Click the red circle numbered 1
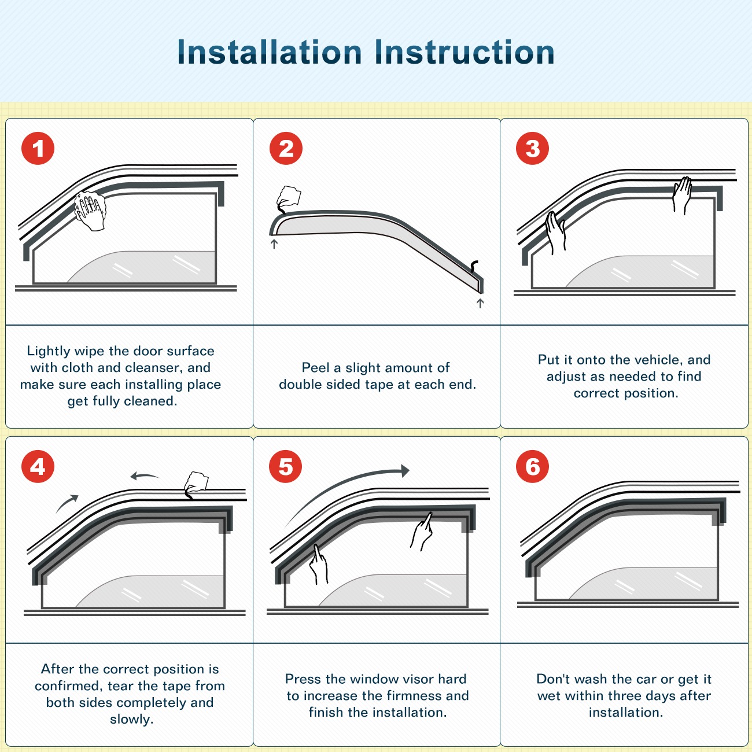[x=38, y=148]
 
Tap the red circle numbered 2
[x=286, y=148]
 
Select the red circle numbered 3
[x=532, y=148]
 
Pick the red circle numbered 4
[x=38, y=466]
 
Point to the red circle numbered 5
[x=286, y=466]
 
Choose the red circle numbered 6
[x=532, y=466]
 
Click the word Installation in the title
[x=270, y=52]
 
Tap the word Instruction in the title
[x=465, y=52]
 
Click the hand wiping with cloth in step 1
[x=90, y=211]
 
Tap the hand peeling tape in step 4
[x=196, y=485]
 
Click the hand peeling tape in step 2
[x=289, y=200]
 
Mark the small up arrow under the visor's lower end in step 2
[x=480, y=303]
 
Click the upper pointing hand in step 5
[x=421, y=532]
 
